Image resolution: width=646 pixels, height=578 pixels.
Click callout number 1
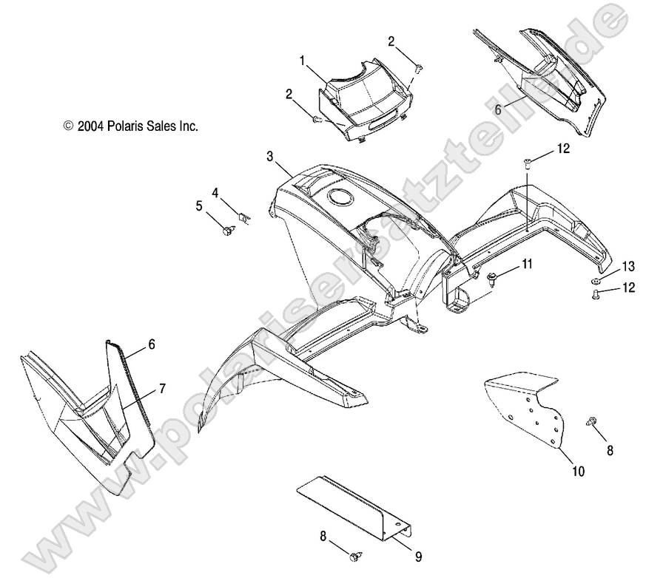[302, 61]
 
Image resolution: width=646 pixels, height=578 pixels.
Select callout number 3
[270, 157]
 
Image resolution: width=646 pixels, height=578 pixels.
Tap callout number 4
[215, 192]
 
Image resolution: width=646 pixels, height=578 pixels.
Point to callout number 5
[199, 205]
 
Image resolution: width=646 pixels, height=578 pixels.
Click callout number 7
[162, 388]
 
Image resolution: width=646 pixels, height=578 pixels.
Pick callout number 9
[419, 557]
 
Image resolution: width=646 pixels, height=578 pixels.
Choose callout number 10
[579, 471]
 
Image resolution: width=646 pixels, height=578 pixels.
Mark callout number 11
[528, 264]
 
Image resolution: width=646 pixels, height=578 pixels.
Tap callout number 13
[628, 267]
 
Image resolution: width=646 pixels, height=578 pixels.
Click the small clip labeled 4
[245, 217]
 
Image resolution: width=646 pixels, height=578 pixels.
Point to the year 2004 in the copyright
[90, 126]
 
